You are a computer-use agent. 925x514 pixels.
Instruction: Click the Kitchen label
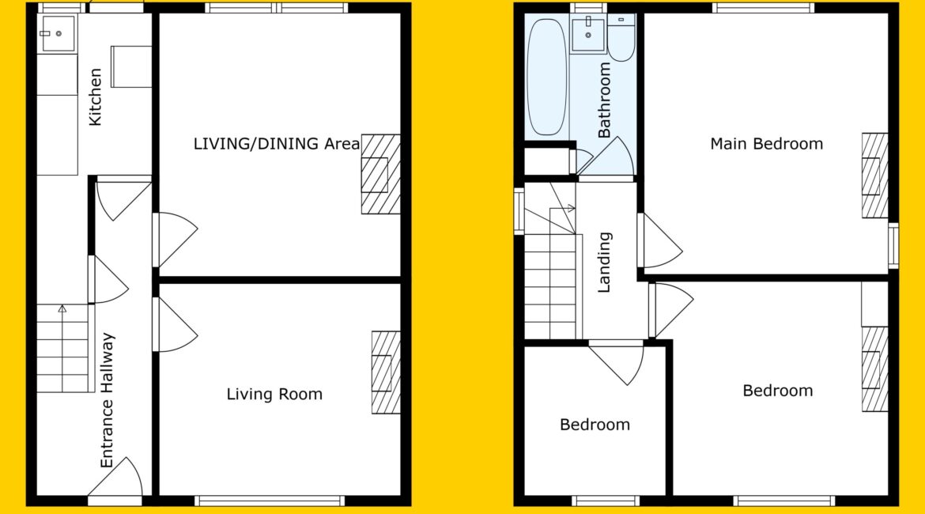click(96, 97)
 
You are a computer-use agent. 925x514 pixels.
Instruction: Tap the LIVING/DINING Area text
click(277, 144)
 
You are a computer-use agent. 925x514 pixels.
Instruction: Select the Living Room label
click(274, 395)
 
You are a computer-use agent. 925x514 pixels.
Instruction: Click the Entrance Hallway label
click(107, 401)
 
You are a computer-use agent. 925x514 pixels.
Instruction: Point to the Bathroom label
click(604, 100)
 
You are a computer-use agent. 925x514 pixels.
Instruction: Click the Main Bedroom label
click(766, 144)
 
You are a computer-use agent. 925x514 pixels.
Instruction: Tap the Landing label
click(604, 263)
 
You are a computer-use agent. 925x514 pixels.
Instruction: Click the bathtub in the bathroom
click(547, 77)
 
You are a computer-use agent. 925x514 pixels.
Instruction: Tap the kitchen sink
click(57, 34)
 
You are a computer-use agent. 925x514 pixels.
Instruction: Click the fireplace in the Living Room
click(386, 372)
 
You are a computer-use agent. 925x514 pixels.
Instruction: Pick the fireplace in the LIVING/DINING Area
click(380, 174)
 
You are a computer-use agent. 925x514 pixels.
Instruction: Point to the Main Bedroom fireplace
click(875, 176)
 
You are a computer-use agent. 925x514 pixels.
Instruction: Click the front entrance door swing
click(115, 476)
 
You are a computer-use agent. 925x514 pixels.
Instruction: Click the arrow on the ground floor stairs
click(62, 308)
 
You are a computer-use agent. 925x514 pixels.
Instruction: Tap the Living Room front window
click(270, 501)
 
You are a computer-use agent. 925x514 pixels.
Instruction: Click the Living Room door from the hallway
click(176, 324)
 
